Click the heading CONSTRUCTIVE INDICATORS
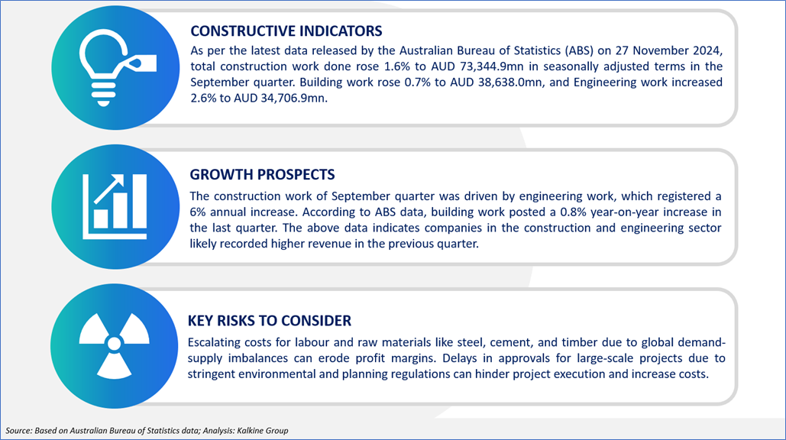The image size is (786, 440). click(286, 31)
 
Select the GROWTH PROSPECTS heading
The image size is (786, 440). click(262, 174)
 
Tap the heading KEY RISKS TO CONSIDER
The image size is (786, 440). click(270, 321)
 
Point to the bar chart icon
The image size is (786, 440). click(115, 206)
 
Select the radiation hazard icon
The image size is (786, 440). click(115, 345)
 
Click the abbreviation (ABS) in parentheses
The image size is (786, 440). click(579, 50)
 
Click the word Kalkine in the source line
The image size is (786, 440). click(250, 431)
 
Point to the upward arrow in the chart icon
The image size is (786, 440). click(108, 189)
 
